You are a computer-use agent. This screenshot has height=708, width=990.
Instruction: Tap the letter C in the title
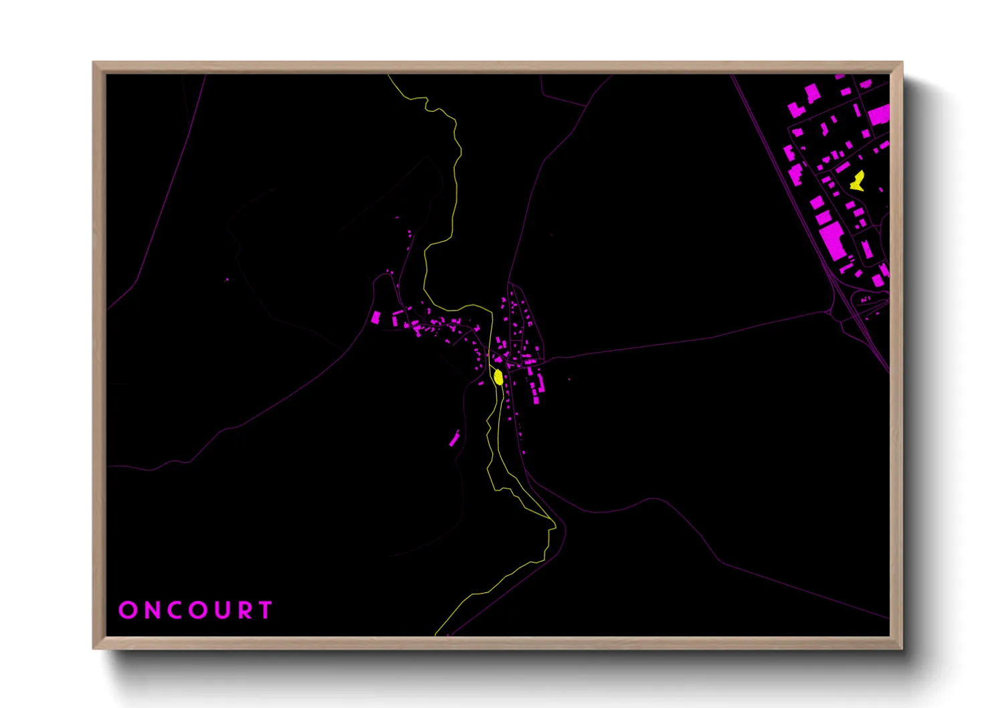coord(175,610)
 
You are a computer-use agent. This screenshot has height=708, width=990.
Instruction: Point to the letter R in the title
coord(246,610)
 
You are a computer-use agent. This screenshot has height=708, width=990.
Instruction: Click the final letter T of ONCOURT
coord(266,610)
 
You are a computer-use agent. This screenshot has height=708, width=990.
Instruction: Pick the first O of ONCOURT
coord(127,610)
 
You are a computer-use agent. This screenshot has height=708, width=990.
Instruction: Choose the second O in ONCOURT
coord(199,610)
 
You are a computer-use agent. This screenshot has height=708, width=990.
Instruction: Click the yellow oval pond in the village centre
coord(498,377)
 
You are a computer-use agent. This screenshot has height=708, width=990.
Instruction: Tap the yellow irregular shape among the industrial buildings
coord(858,181)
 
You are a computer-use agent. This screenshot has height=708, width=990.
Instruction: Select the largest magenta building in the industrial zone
coord(833,242)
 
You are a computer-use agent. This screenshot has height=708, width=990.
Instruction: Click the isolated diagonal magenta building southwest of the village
coord(455,439)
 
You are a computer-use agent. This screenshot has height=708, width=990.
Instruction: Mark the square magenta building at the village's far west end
coord(376,317)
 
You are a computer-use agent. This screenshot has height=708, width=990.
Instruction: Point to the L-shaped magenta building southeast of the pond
coord(537,391)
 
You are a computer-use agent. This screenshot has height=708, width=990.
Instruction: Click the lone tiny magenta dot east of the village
coord(569,379)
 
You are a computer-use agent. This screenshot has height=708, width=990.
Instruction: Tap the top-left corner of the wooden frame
coord(94,63)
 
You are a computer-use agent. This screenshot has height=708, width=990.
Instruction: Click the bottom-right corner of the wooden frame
coord(902,648)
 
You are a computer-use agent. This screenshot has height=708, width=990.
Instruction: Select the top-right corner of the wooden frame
coord(902,63)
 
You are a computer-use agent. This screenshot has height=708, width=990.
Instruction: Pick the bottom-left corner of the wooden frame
coord(94,648)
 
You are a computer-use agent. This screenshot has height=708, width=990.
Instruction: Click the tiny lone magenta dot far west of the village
coord(227,280)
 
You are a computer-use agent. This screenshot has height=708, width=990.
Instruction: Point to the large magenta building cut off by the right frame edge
coord(879,114)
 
